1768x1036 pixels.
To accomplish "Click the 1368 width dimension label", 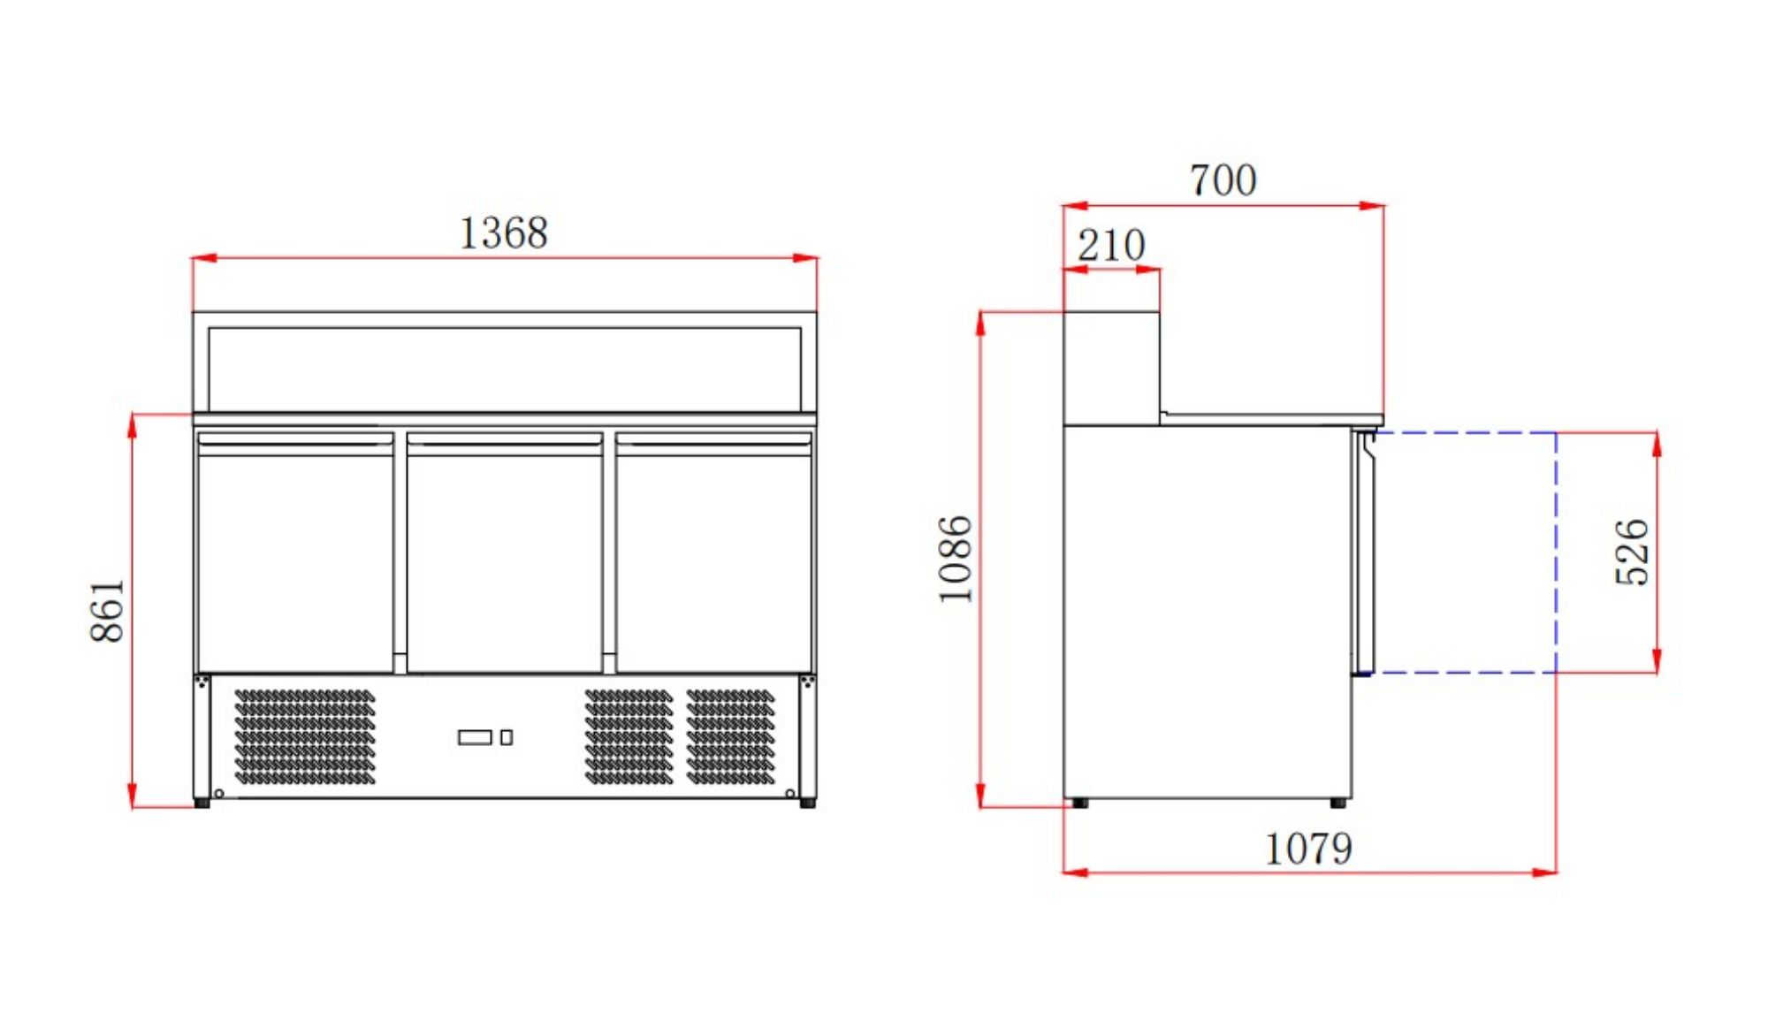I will (x=503, y=233).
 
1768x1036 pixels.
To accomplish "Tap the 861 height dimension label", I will (x=108, y=610).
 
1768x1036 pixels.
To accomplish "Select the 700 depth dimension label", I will (x=1223, y=180).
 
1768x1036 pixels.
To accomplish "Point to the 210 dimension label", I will (x=1110, y=246).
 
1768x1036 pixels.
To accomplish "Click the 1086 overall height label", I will (x=956, y=559).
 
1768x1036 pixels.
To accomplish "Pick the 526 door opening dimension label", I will (x=1632, y=552).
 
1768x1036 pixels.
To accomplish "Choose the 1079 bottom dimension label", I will (x=1308, y=849).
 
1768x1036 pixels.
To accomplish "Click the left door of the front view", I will (x=295, y=557).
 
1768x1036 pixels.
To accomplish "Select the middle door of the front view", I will (x=505, y=557).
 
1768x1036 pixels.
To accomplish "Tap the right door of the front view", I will (x=713, y=557).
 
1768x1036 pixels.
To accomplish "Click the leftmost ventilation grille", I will (x=305, y=736).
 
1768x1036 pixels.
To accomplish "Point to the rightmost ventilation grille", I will (x=730, y=736).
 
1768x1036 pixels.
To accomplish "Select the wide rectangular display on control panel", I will (x=475, y=737).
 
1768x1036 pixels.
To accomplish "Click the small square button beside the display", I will (x=507, y=737).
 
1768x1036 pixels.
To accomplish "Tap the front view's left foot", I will (x=202, y=803).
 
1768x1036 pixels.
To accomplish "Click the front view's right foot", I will (x=807, y=803).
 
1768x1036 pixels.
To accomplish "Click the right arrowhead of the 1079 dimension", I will (x=1545, y=872).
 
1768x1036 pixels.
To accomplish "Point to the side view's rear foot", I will (x=1079, y=803).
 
